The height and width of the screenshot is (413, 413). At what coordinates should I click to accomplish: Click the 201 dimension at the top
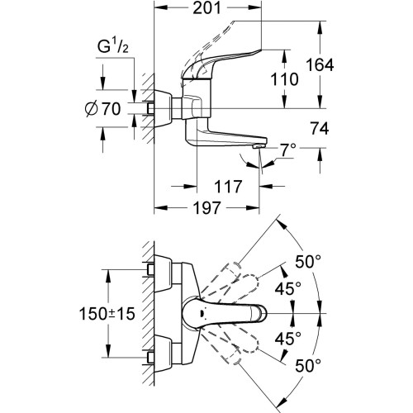tap(206, 8)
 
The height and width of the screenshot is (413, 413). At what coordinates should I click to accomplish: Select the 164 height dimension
tap(320, 65)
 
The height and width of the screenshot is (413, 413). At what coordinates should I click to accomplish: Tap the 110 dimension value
tap(284, 79)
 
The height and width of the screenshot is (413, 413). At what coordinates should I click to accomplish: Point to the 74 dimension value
tap(320, 128)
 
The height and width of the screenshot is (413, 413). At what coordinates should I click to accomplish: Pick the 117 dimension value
tap(228, 187)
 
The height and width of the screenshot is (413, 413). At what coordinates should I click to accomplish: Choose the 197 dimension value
tap(207, 207)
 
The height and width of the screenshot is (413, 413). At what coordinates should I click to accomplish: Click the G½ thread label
tap(112, 46)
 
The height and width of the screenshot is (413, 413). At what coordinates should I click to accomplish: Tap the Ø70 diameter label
tap(102, 108)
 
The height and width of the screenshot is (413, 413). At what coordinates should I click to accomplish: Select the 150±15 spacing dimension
tap(107, 314)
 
